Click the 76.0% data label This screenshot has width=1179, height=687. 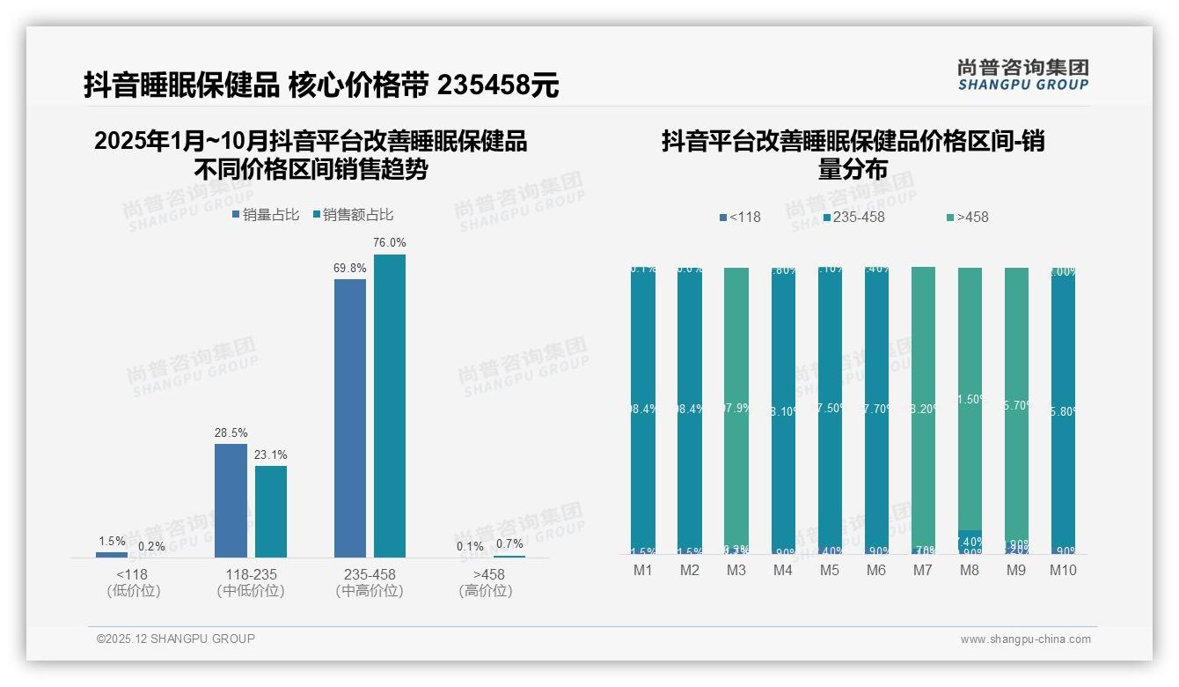coord(390,242)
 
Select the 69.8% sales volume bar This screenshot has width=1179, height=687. coord(350,417)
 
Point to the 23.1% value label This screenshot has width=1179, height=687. coord(271,454)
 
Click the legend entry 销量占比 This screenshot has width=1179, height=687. coord(266,214)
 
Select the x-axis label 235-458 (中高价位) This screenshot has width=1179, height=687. coord(370,582)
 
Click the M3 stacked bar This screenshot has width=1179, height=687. coord(736,410)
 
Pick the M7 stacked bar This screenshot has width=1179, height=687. coord(923,410)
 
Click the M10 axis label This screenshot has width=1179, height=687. coord(1063,571)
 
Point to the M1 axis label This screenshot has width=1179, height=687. coord(643,571)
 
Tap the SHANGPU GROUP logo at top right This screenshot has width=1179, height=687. coord(1022,74)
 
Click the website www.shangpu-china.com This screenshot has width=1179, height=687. coord(1025,639)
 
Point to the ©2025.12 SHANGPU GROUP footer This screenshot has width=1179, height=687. coord(176,639)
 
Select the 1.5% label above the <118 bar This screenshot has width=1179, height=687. coord(112,541)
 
